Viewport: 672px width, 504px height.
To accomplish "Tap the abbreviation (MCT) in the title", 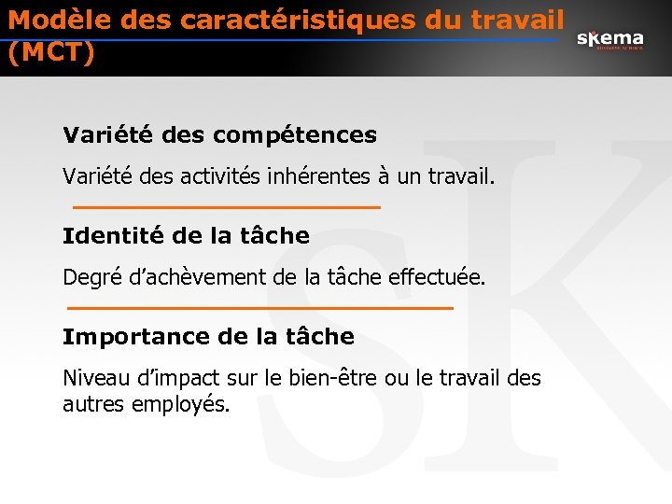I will click(50, 53).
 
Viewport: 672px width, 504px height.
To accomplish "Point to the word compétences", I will click(295, 135).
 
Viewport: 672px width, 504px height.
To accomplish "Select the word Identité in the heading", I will click(105, 235).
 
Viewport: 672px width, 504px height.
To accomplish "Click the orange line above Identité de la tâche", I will click(226, 206).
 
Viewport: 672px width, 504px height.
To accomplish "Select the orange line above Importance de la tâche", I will click(260, 307).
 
